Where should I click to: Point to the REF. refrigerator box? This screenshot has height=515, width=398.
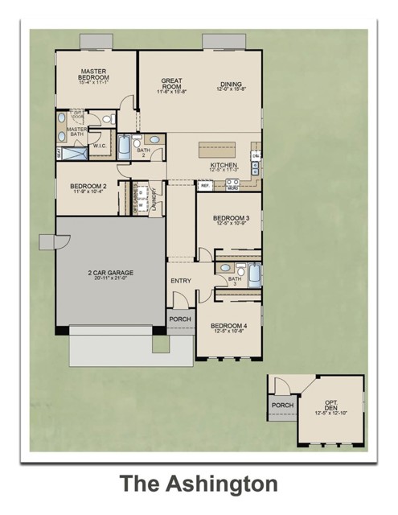click(x=205, y=185)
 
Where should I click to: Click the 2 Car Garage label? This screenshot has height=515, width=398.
click(x=111, y=274)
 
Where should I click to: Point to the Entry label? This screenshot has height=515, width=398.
click(x=180, y=280)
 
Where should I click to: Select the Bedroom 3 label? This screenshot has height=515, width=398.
click(x=230, y=218)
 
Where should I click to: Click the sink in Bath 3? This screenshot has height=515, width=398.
click(x=224, y=269)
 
